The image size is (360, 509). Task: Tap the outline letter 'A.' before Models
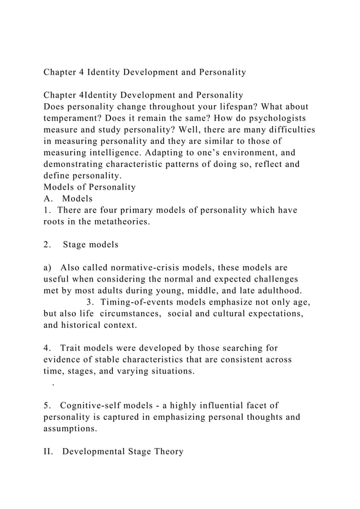pos(49,199)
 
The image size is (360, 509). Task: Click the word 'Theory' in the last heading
pos(166,452)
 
